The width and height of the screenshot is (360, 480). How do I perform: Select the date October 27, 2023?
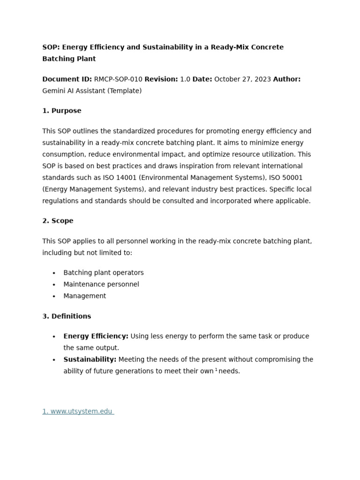tap(242, 79)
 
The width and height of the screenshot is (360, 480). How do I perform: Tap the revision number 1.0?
tap(185, 79)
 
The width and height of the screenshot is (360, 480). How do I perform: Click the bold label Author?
tap(286, 79)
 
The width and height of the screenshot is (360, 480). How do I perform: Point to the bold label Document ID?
tap(67, 79)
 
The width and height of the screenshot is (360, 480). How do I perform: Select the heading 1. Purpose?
tap(62, 111)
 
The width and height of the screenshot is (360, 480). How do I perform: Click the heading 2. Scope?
tap(58, 221)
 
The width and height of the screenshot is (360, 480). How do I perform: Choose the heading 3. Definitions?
tap(67, 316)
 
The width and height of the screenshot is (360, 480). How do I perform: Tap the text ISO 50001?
tap(286, 178)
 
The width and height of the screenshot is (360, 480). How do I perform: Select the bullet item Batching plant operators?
tap(104, 273)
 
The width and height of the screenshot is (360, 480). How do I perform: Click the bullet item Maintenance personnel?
tap(101, 284)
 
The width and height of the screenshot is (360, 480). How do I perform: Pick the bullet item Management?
tap(85, 296)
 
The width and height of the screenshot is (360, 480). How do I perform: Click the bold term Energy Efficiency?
tap(96, 336)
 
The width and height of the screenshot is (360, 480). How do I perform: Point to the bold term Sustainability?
tap(90, 360)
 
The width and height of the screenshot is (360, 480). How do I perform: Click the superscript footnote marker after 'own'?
tap(216, 370)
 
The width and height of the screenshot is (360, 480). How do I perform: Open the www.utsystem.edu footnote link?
tap(78, 412)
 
